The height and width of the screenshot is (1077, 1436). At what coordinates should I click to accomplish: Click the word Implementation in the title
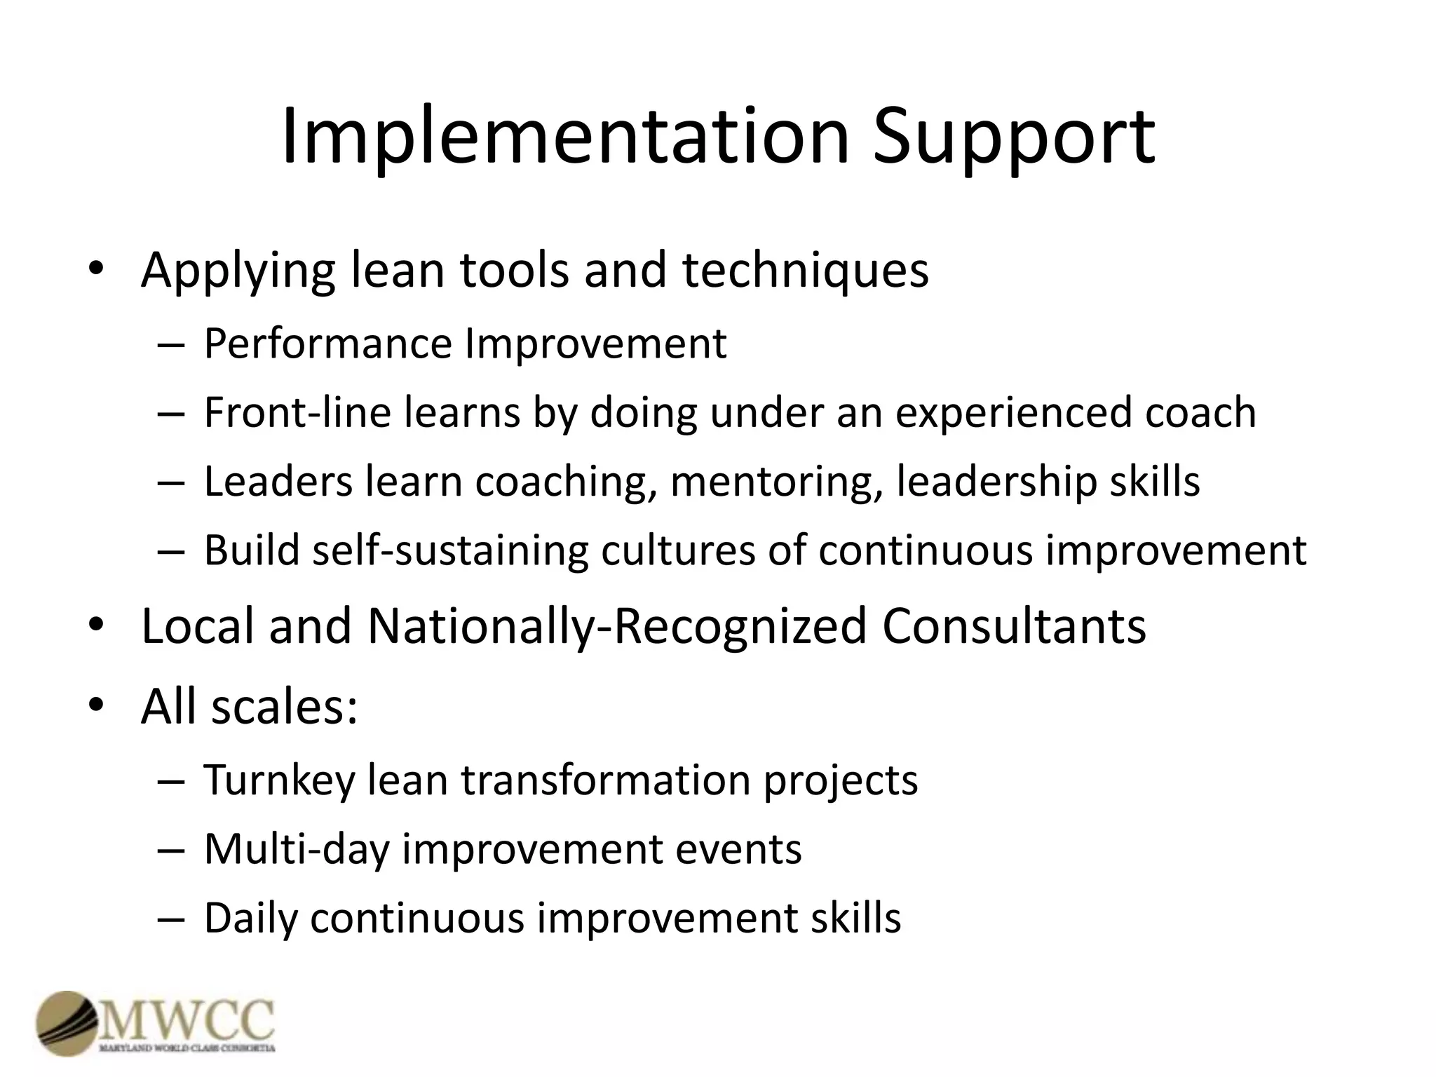tap(565, 137)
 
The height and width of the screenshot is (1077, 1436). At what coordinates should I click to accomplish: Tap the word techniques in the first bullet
tap(806, 270)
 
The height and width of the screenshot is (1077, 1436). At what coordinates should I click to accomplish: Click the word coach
tap(1200, 412)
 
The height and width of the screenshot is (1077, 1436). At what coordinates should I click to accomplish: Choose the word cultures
tap(677, 550)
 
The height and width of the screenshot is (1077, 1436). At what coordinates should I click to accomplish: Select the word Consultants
tap(1014, 625)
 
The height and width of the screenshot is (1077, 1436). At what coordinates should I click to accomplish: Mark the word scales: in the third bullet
tap(285, 705)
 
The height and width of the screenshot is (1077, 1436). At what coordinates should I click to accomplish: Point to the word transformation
tap(605, 780)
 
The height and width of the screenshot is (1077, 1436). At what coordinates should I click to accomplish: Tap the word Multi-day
tap(297, 849)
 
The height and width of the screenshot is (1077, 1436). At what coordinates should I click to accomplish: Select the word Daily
tap(250, 919)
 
